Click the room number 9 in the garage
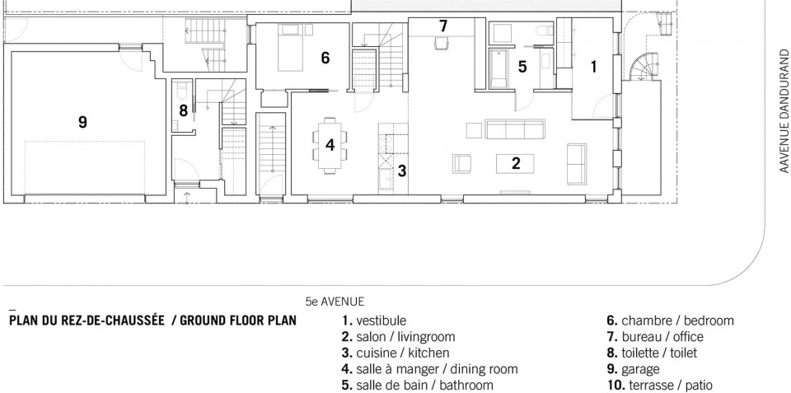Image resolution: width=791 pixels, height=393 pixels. [82, 122]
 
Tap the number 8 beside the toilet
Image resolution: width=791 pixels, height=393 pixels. [184, 110]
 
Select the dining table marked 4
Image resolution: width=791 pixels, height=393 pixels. [330, 145]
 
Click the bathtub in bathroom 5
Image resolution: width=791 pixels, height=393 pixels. [499, 68]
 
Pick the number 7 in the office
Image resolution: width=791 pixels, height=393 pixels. [443, 26]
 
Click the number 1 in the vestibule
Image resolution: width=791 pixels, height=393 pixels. [594, 66]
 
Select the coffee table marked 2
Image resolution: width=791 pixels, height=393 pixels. [516, 163]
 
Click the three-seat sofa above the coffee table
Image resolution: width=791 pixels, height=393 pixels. [515, 129]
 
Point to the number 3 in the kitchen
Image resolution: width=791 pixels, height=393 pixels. [401, 171]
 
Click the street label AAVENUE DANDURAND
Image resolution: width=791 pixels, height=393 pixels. [784, 111]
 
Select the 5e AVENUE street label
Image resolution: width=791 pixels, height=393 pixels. [335, 302]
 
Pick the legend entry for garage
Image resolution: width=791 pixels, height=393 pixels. [633, 370]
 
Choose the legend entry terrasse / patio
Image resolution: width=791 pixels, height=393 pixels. [659, 386]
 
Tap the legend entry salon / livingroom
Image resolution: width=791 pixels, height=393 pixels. [398, 336]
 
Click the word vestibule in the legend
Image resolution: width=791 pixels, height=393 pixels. [381, 320]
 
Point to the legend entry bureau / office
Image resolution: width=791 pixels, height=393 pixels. [655, 336]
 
